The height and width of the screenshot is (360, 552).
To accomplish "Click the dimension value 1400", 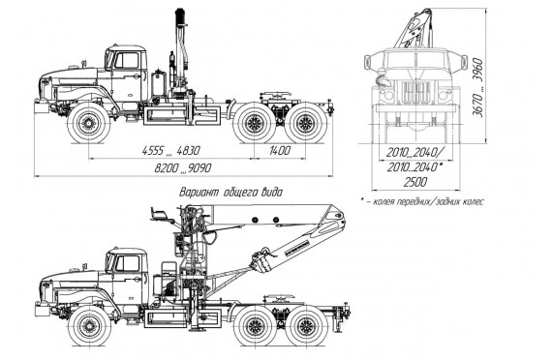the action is [280, 151].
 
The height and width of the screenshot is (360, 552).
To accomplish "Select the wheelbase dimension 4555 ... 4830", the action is [171, 151].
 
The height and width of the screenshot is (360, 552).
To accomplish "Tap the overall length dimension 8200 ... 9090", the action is [183, 168].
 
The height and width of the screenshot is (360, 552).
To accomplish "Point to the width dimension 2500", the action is [415, 182].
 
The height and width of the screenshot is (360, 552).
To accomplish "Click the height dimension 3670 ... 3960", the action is [477, 87].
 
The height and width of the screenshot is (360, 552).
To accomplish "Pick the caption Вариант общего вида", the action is [230, 193].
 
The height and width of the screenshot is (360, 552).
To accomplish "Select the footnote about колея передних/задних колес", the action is [422, 202].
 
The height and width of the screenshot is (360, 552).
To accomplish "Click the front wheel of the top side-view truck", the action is [88, 123].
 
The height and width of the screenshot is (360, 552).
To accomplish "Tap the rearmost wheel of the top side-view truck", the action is [305, 123].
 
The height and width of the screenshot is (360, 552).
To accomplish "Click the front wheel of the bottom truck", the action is [89, 325].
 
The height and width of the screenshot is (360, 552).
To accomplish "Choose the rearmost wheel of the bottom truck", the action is [306, 325].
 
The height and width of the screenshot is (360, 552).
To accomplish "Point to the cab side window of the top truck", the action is [127, 60].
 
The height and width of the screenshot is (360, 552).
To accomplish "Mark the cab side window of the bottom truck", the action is [128, 263].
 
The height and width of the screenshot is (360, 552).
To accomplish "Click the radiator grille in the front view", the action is [415, 92].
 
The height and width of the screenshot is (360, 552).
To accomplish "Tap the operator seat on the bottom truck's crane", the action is [160, 215].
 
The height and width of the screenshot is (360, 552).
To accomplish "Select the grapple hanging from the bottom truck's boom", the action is [261, 260].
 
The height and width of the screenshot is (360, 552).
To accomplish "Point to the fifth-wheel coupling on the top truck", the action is [276, 96].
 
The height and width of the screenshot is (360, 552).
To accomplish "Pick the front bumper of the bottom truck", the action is [42, 310].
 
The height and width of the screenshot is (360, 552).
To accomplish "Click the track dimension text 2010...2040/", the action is [415, 153].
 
